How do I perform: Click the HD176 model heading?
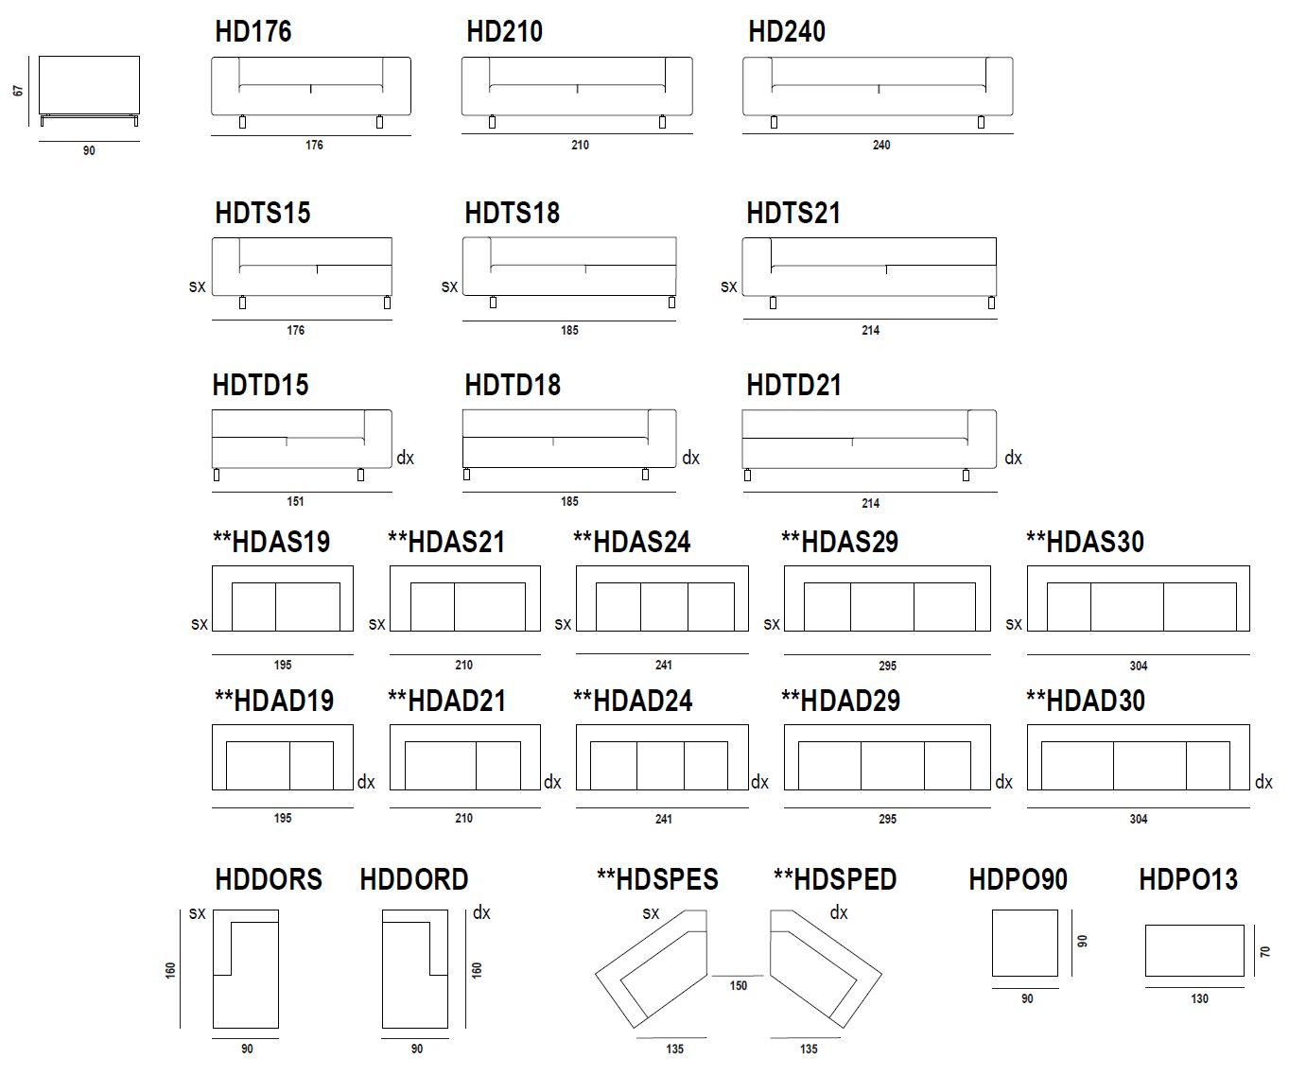point(253,31)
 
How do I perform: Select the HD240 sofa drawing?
point(878,93)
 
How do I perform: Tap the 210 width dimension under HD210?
point(580,145)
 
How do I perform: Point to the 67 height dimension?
point(18,91)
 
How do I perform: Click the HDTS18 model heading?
point(512,213)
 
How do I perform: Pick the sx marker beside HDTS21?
point(728,286)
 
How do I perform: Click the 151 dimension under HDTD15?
point(295,501)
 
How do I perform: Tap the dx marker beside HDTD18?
point(690,458)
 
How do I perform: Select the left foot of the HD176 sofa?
point(243,122)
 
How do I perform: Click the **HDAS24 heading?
point(632,542)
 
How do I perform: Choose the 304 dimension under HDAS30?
point(1139,666)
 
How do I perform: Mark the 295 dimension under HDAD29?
point(887,819)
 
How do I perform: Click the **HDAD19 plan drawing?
point(283,757)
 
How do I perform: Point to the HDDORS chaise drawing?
point(246,969)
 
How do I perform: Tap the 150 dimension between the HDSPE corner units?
point(738,985)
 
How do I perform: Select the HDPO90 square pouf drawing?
point(1025,943)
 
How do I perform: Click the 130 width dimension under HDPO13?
point(1199,998)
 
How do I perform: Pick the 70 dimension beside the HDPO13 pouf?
point(1265,951)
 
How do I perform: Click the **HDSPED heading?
point(835,879)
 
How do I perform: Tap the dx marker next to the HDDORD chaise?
point(481,912)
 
